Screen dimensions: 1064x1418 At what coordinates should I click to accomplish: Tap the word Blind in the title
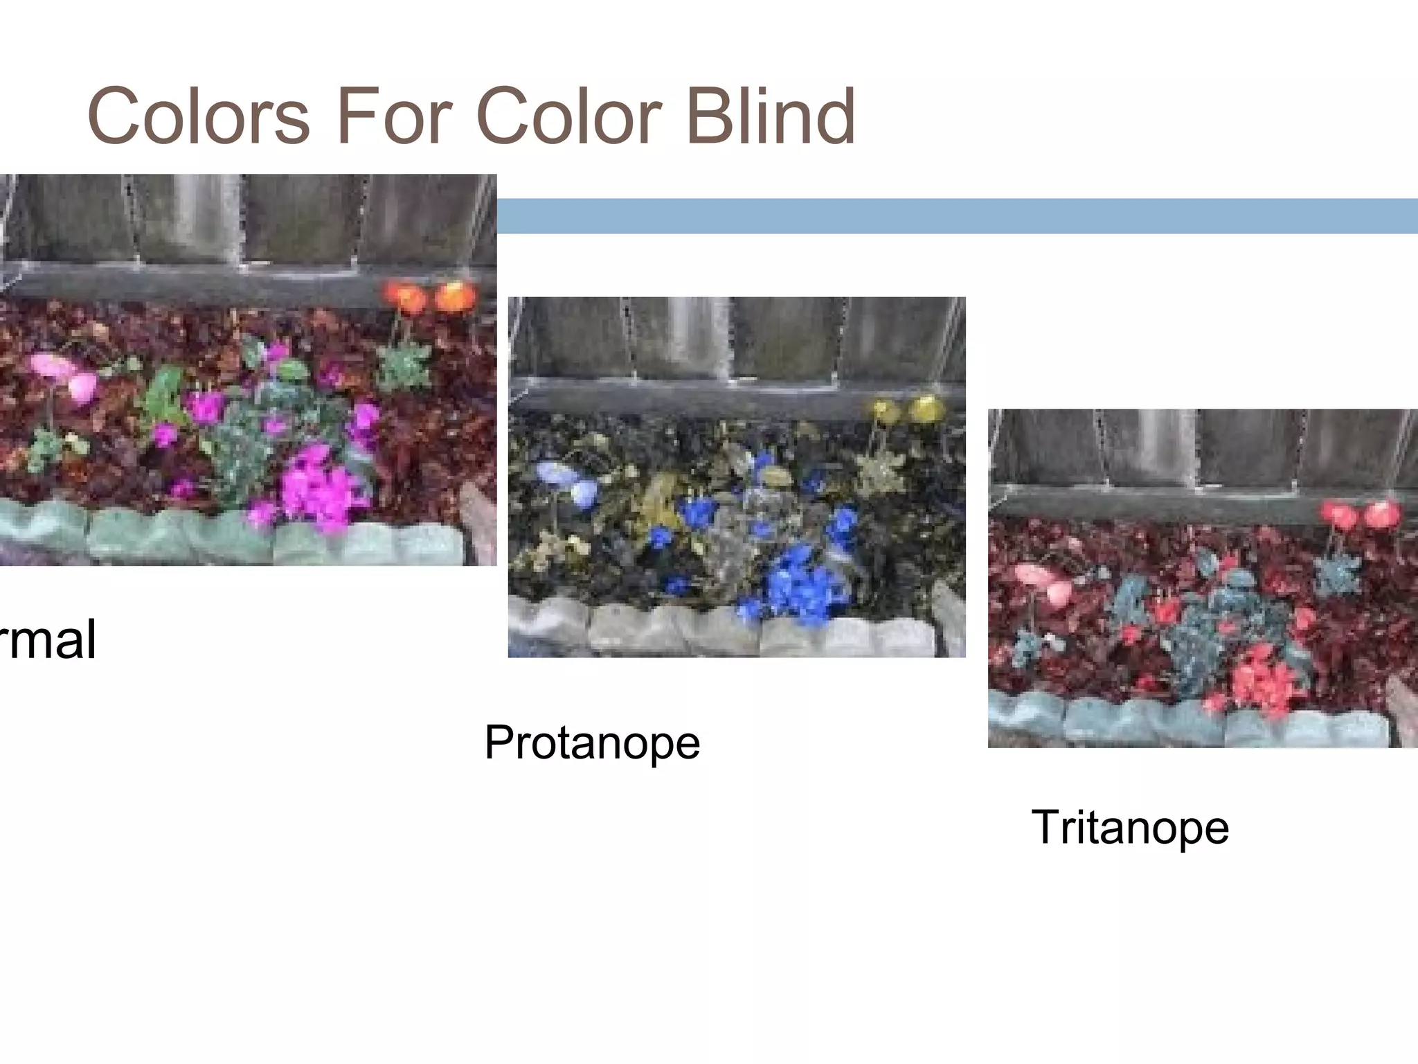(x=770, y=116)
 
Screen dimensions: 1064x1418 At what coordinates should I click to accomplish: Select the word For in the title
(x=393, y=116)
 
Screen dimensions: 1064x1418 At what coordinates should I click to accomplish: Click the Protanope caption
(x=592, y=743)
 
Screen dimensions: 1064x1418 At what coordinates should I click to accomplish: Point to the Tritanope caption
(x=1130, y=827)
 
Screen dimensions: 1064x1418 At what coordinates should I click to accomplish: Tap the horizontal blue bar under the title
(x=955, y=216)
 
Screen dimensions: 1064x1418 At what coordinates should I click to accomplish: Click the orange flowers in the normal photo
(x=431, y=296)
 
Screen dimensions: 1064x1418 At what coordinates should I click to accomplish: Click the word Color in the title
(x=569, y=116)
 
